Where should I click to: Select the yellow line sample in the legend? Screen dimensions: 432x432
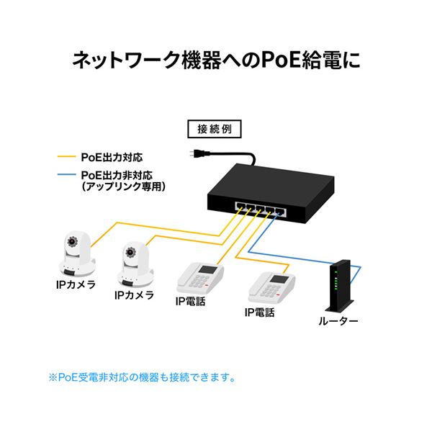pos(66,156)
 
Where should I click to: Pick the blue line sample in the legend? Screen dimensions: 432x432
pos(66,174)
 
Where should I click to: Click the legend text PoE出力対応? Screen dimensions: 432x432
pos(116,156)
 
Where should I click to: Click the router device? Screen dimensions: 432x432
pos(337,287)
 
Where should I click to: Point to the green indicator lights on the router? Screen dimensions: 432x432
pos(334,283)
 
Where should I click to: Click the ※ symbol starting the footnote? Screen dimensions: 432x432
pos(53,377)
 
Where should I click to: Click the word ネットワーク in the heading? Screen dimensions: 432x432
pos(118,59)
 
